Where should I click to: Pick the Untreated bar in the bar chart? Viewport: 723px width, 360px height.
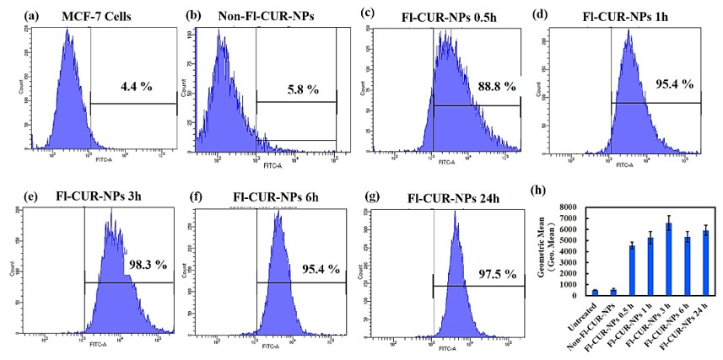pyautogui.click(x=572, y=293)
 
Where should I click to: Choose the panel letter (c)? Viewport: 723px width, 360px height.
pyautogui.click(x=366, y=12)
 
